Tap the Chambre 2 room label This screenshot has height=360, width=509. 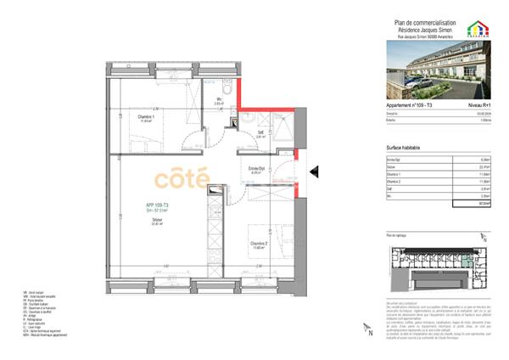[x=260, y=243]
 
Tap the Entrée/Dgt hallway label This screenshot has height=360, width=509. [x=257, y=169]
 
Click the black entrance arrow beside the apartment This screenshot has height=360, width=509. [x=313, y=172]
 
